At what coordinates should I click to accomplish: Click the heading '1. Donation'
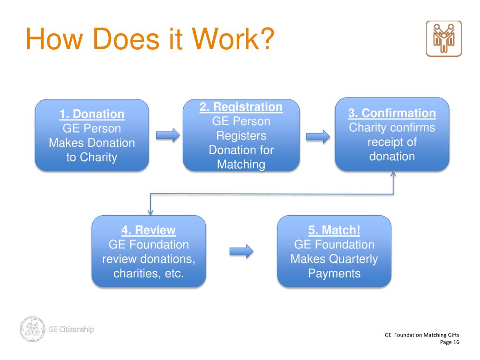coord(92,114)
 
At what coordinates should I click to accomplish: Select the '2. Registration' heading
coord(241,107)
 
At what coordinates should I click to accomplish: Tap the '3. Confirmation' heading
coord(392,113)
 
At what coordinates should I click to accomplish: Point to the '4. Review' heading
coord(149,230)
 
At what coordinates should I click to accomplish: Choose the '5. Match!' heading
coord(334,230)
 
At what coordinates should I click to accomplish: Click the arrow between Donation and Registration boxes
coord(168,135)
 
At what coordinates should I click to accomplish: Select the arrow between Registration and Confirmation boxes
coord(318,136)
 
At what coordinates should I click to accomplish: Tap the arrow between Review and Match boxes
coord(241,252)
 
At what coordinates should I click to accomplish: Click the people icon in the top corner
coord(443,39)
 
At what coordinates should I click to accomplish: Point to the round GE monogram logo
coord(32,330)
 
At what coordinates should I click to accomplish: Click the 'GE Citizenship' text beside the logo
coord(71,329)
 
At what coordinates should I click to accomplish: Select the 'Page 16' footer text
coord(450,343)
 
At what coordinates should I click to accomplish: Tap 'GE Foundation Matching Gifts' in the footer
coord(422,335)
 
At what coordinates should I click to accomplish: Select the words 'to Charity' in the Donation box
coord(92,157)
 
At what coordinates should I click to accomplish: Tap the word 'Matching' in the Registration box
coord(241,165)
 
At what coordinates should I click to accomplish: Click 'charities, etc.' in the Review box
coord(149,273)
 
